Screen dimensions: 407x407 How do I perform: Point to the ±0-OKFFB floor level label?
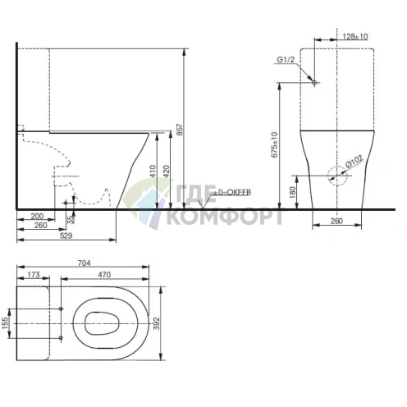click(231, 191)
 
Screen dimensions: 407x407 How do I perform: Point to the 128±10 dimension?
click(355, 37)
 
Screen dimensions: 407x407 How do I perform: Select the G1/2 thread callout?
click(286, 60)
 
